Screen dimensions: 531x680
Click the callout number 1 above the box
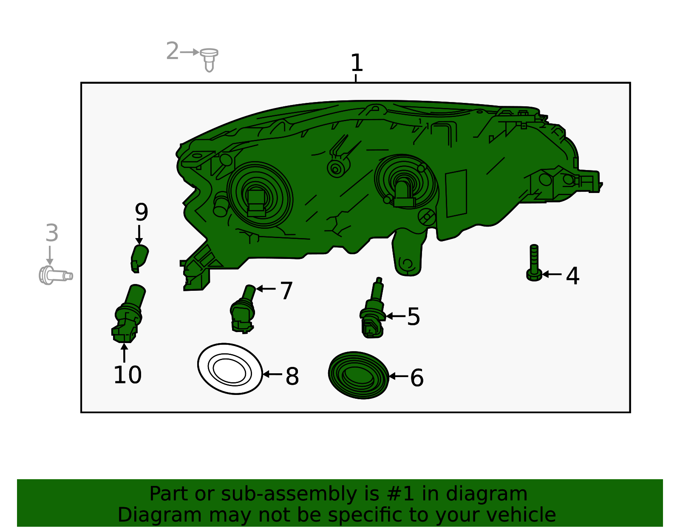pyautogui.click(x=357, y=63)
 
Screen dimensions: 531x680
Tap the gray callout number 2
pyautogui.click(x=172, y=51)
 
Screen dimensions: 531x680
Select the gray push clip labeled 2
pyautogui.click(x=209, y=59)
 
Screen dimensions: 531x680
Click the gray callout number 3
pyautogui.click(x=51, y=233)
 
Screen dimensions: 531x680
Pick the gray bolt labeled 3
pyautogui.click(x=55, y=275)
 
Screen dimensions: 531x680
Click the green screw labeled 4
pyautogui.click(x=534, y=264)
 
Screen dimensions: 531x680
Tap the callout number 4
pyautogui.click(x=572, y=276)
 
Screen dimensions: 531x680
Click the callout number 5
pyautogui.click(x=413, y=317)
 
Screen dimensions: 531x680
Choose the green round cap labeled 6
pyautogui.click(x=358, y=375)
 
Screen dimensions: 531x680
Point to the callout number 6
pyautogui.click(x=416, y=378)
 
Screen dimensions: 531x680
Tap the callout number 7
pyautogui.click(x=286, y=291)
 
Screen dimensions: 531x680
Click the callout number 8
pyautogui.click(x=292, y=376)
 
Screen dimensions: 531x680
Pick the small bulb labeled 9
pyautogui.click(x=139, y=257)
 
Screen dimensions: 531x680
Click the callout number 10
pyautogui.click(x=127, y=375)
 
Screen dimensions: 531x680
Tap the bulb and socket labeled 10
pyautogui.click(x=127, y=315)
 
